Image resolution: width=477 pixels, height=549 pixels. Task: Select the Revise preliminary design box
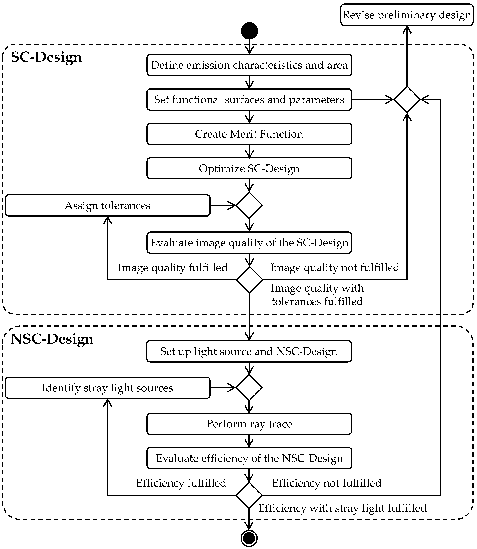tap(407, 15)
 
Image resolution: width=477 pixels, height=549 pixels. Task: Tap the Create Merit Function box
tap(249, 134)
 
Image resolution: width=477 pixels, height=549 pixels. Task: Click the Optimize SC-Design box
tap(249, 168)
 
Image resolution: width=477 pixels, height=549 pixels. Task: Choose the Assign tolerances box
tap(108, 205)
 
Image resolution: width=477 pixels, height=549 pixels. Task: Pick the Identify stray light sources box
tap(108, 388)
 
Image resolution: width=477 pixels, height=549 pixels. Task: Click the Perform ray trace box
tap(249, 424)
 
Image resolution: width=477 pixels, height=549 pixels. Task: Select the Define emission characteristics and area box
tap(249, 65)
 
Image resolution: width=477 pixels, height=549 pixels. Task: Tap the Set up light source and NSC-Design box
tap(249, 351)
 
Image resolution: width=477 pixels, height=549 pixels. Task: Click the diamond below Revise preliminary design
tap(407, 99)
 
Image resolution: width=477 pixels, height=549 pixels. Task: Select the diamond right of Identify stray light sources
tap(249, 388)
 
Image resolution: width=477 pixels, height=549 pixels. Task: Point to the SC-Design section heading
tap(46, 57)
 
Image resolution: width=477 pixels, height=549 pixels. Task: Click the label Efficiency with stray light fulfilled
tap(342, 508)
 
